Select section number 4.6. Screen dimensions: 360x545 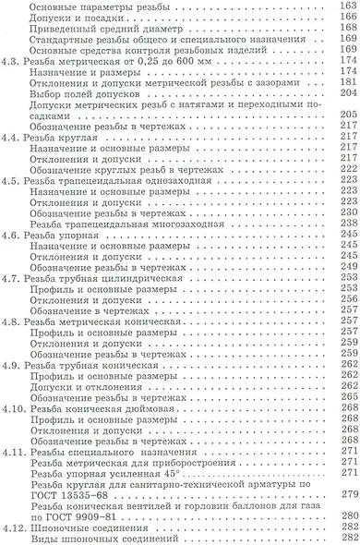pos(12,235)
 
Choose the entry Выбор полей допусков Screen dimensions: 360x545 pos(86,94)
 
